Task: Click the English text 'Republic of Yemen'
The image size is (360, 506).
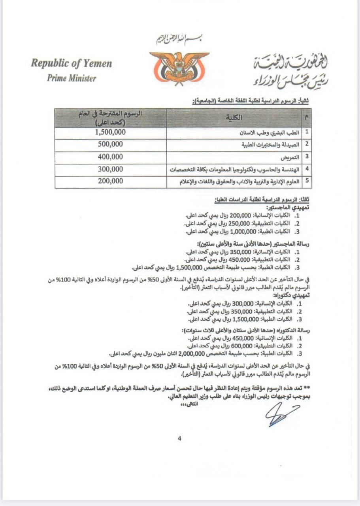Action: [71, 63]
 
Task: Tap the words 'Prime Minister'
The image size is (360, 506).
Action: [72, 78]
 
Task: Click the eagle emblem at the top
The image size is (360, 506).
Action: [179, 67]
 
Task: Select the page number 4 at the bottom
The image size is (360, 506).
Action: [179, 438]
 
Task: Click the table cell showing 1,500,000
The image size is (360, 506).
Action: [110, 132]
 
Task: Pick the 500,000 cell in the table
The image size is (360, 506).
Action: [110, 144]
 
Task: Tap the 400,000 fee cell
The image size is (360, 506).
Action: [110, 157]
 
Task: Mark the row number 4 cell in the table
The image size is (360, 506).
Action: [307, 170]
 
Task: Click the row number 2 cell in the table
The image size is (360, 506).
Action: [307, 145]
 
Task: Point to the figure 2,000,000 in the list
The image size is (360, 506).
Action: [191, 353]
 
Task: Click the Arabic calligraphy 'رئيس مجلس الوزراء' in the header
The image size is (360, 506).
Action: [290, 80]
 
